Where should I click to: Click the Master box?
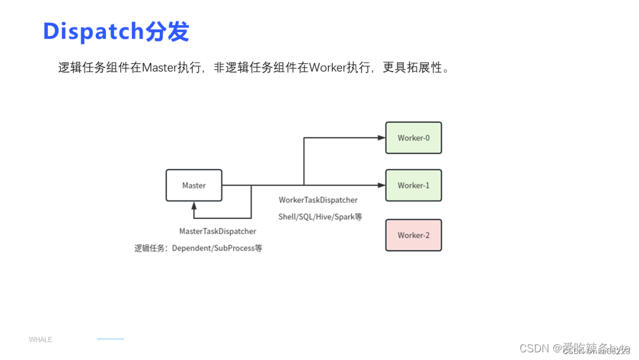point(193,185)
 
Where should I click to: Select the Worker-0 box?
point(414,138)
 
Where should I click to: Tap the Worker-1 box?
point(414,185)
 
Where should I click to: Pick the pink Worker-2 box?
point(414,235)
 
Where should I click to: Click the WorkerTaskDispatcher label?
point(318,200)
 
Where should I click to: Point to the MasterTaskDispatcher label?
point(218,232)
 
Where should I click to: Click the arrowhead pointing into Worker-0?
point(382,138)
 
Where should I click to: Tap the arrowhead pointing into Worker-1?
point(382,185)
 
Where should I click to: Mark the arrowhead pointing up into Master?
point(193,205)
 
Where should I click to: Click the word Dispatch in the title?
point(93,31)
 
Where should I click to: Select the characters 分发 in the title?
point(167,31)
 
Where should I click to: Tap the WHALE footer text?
point(40,340)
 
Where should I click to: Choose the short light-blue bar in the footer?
point(111,339)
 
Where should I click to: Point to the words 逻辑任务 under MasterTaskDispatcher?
point(149,249)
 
